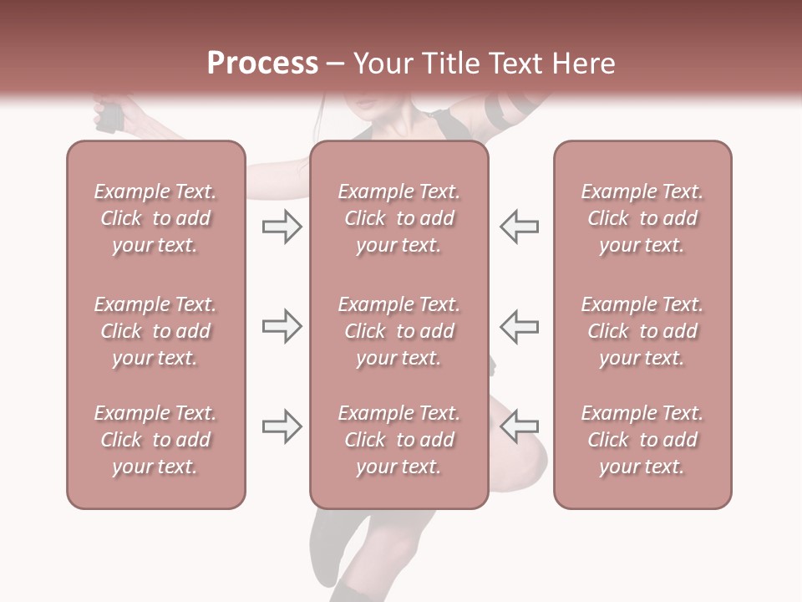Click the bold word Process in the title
(262, 64)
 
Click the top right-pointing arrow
(282, 226)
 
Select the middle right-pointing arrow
(282, 326)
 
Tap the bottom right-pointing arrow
(282, 426)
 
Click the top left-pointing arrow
(520, 226)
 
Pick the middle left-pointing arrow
(520, 326)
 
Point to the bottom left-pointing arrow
(520, 426)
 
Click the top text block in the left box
(155, 218)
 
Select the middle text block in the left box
(155, 331)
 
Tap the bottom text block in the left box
(155, 440)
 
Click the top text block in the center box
(398, 218)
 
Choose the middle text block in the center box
(398, 331)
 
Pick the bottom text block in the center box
(398, 440)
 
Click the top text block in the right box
(642, 218)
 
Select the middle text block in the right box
(642, 331)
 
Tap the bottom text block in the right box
(642, 440)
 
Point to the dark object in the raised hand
(109, 116)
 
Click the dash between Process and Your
(336, 64)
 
